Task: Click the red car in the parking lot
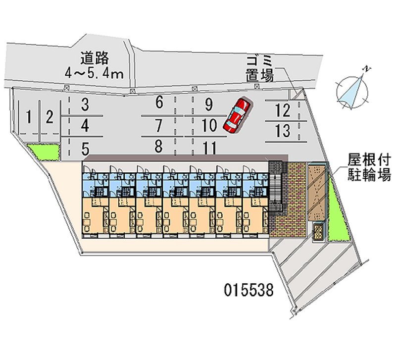[237, 115]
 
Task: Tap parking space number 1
[30, 117]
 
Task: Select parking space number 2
[49, 117]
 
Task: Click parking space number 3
[85, 104]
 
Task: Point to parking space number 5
[85, 147]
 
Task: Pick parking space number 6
[159, 103]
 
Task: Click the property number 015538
[247, 289]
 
